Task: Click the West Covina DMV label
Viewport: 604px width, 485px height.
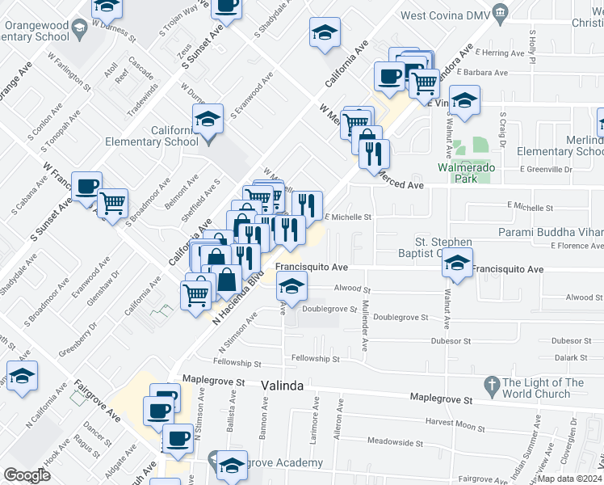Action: tap(446, 15)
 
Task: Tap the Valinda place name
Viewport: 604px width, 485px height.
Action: tap(283, 386)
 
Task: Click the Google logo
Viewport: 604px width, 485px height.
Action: tap(27, 475)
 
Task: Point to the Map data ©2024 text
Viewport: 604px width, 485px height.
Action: tap(572, 478)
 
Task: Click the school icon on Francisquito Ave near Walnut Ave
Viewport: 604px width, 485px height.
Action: tap(457, 265)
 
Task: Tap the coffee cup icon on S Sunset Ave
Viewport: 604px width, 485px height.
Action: tap(86, 187)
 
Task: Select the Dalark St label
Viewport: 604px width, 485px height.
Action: tap(570, 356)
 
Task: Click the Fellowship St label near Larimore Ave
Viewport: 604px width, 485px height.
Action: tap(315, 358)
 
